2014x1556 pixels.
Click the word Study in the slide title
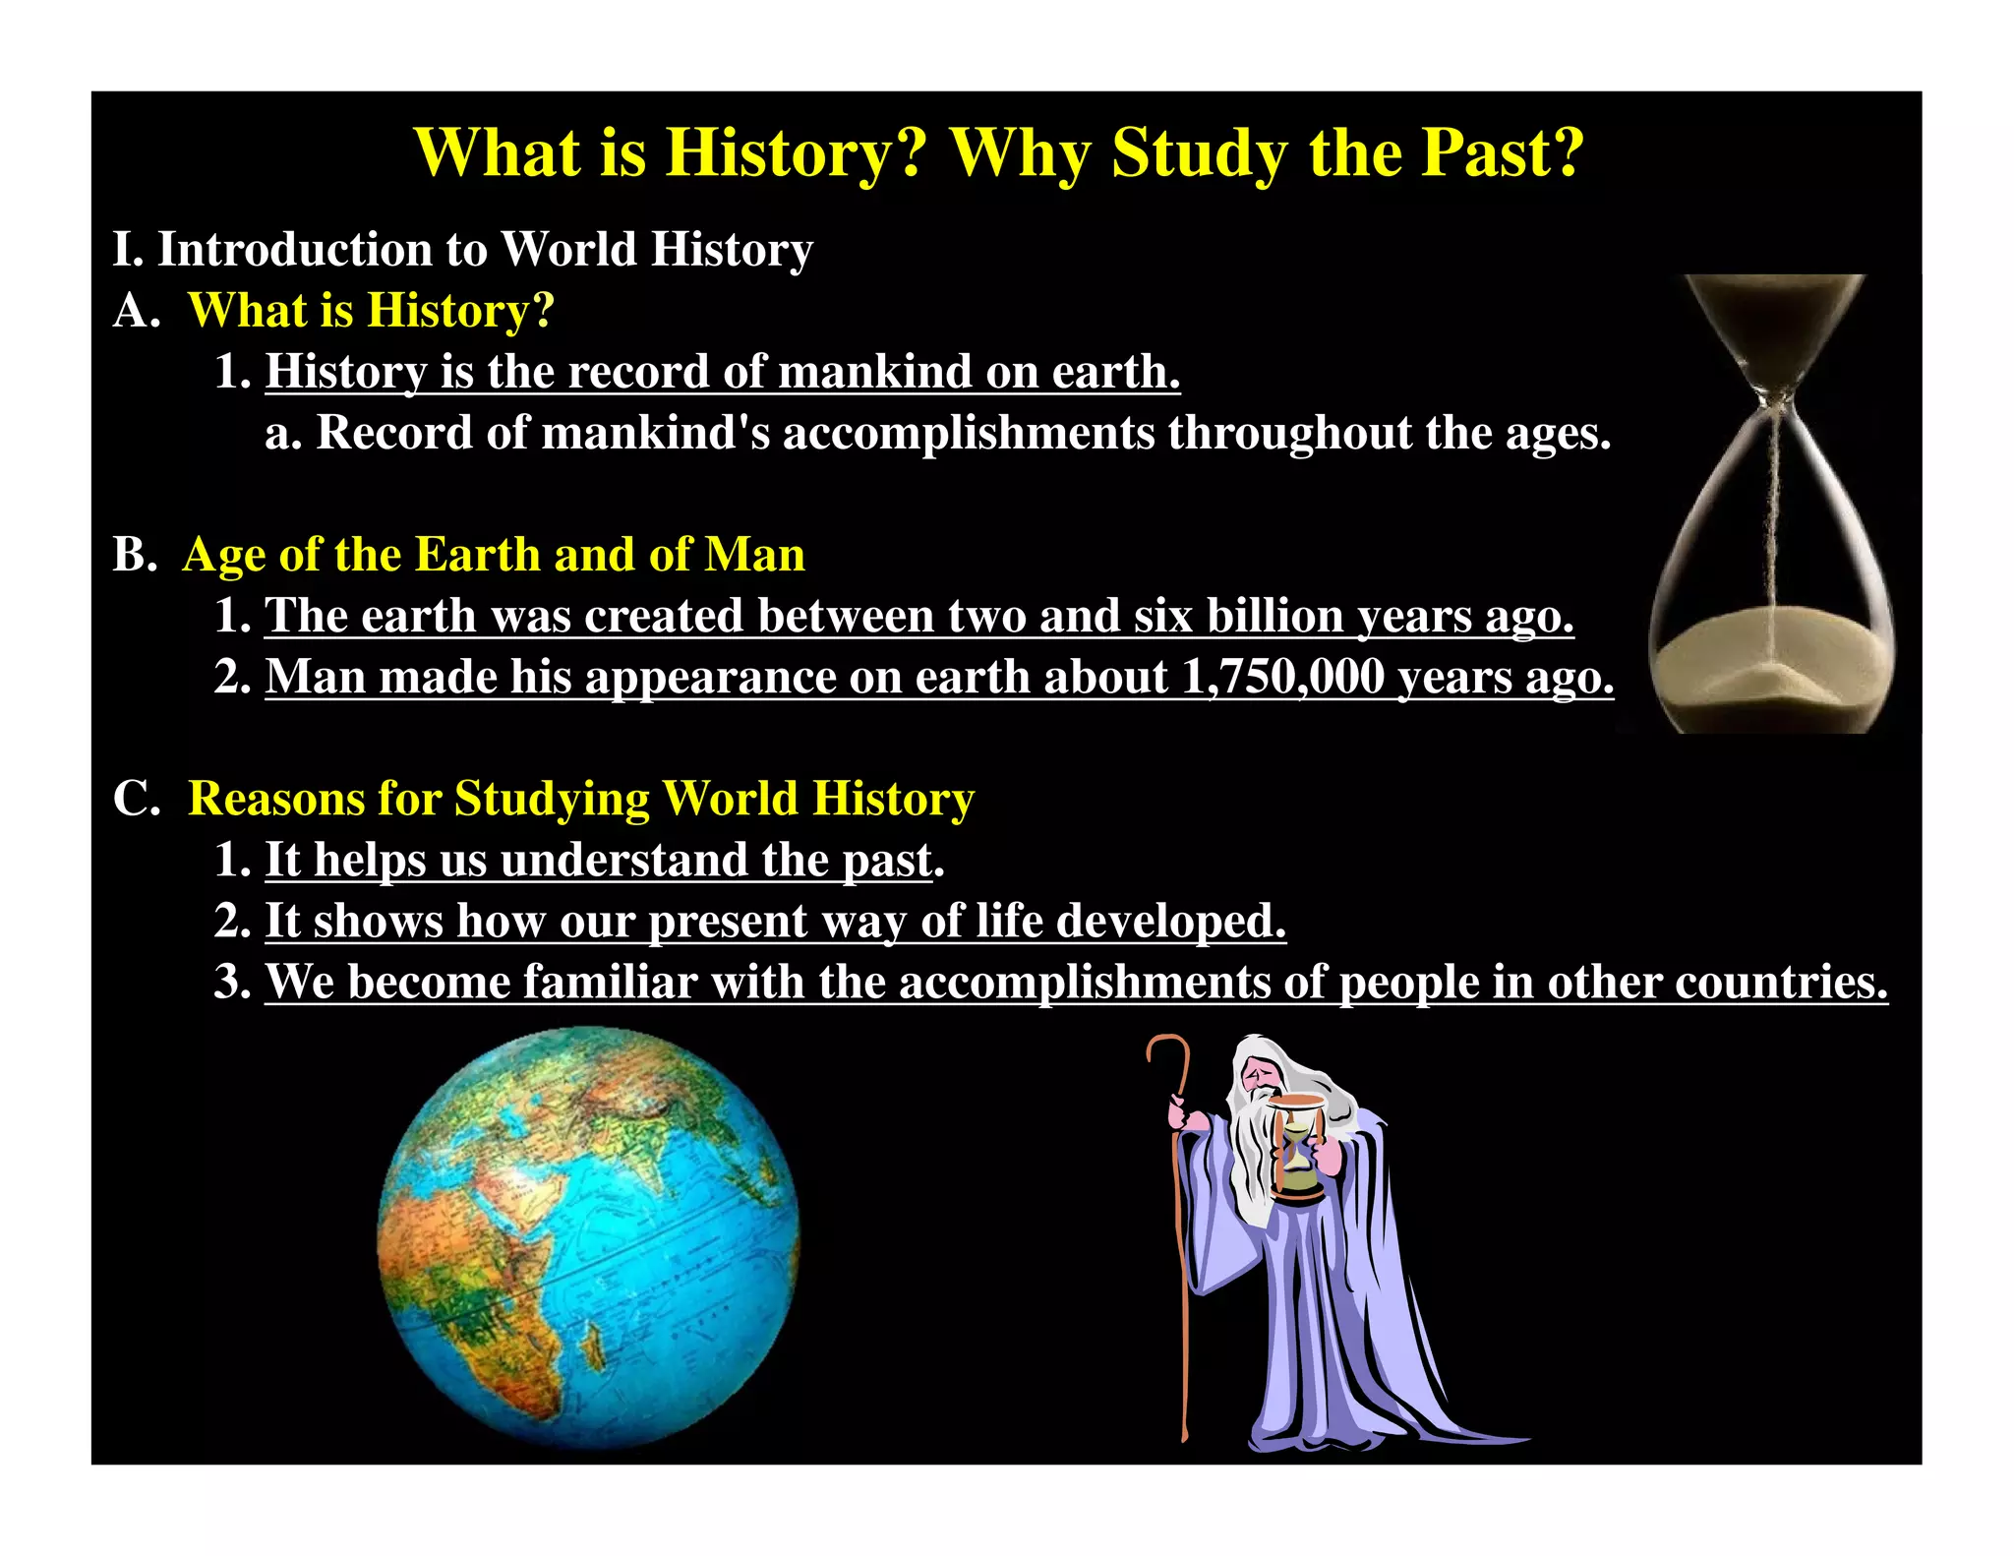tap(1198, 154)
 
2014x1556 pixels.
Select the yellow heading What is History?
tap(371, 310)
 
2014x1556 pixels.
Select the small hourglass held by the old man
tap(1296, 1146)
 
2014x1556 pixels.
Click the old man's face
tap(1259, 1074)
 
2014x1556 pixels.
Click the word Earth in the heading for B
tap(470, 555)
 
